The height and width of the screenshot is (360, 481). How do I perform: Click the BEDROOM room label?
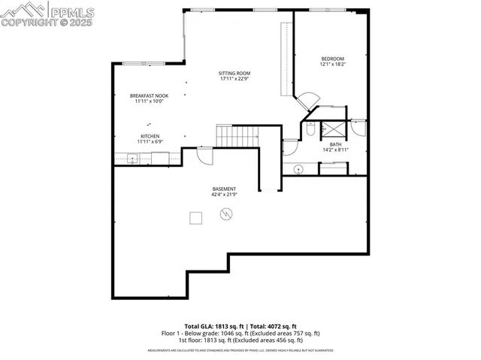(332, 59)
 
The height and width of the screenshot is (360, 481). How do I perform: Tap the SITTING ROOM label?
(234, 73)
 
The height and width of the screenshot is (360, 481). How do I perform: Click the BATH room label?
(334, 144)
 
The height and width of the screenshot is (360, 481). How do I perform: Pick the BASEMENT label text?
(224, 189)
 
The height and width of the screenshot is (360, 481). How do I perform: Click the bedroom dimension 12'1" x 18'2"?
(332, 65)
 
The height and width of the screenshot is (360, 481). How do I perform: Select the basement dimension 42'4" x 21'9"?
(224, 195)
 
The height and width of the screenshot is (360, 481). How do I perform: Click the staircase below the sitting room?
(237, 136)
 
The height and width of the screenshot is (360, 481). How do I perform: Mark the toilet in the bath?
(310, 131)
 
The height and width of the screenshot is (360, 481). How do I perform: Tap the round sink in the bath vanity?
(297, 169)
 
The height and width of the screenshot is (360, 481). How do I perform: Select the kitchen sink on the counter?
(132, 158)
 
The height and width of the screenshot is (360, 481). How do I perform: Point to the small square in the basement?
(195, 217)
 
